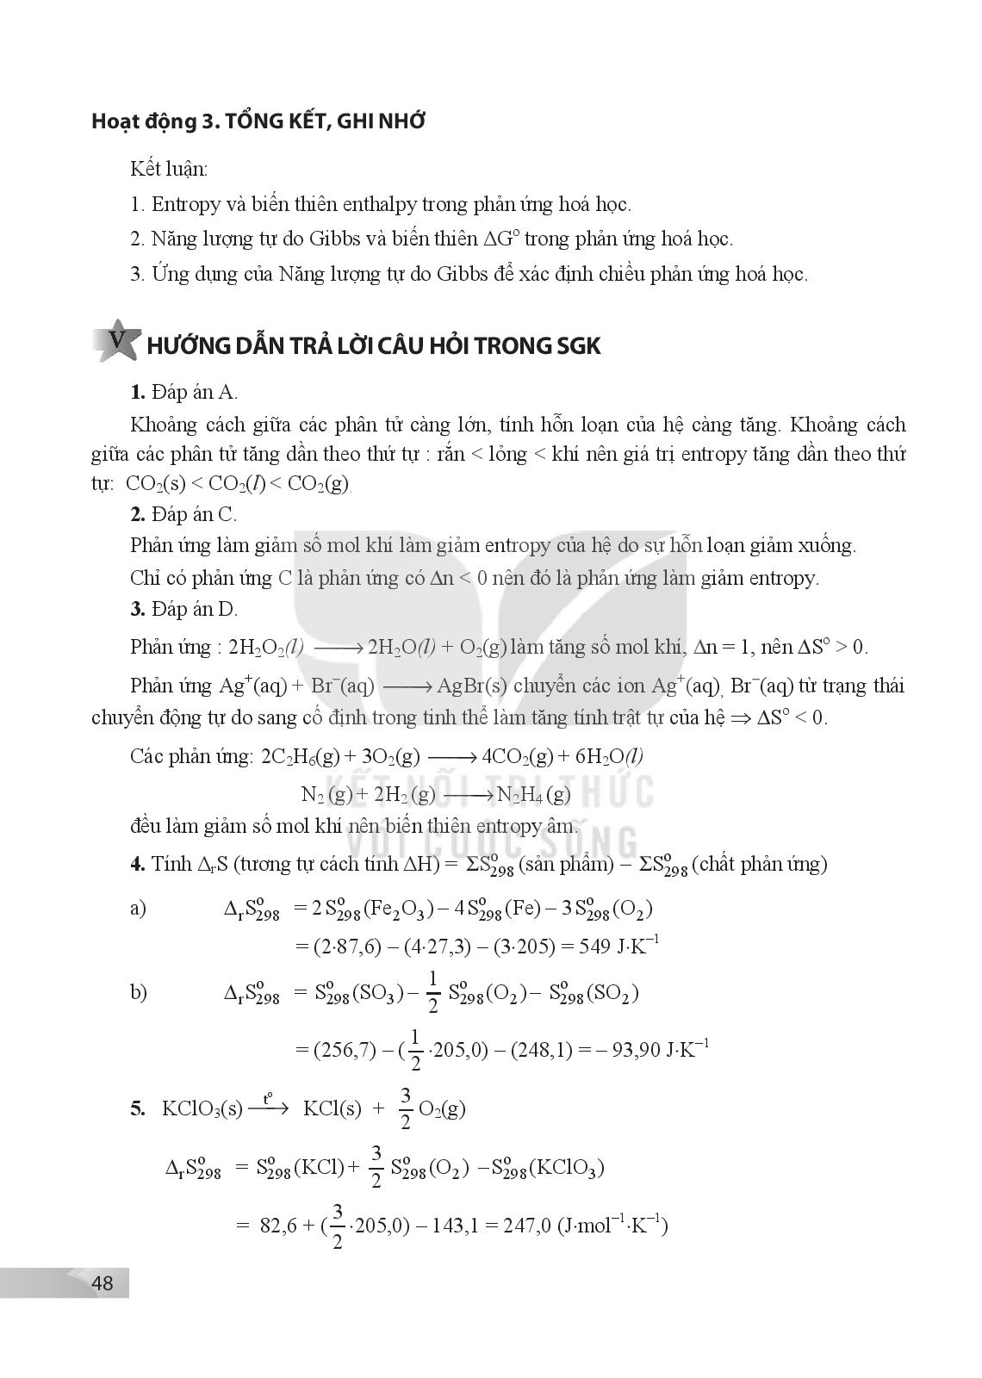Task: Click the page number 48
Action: (102, 1282)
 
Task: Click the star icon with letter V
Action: (115, 342)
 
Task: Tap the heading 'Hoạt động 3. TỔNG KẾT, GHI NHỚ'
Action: (258, 121)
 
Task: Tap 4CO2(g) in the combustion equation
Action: (518, 756)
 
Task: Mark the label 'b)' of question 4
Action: (139, 992)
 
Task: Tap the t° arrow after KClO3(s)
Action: (269, 1105)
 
